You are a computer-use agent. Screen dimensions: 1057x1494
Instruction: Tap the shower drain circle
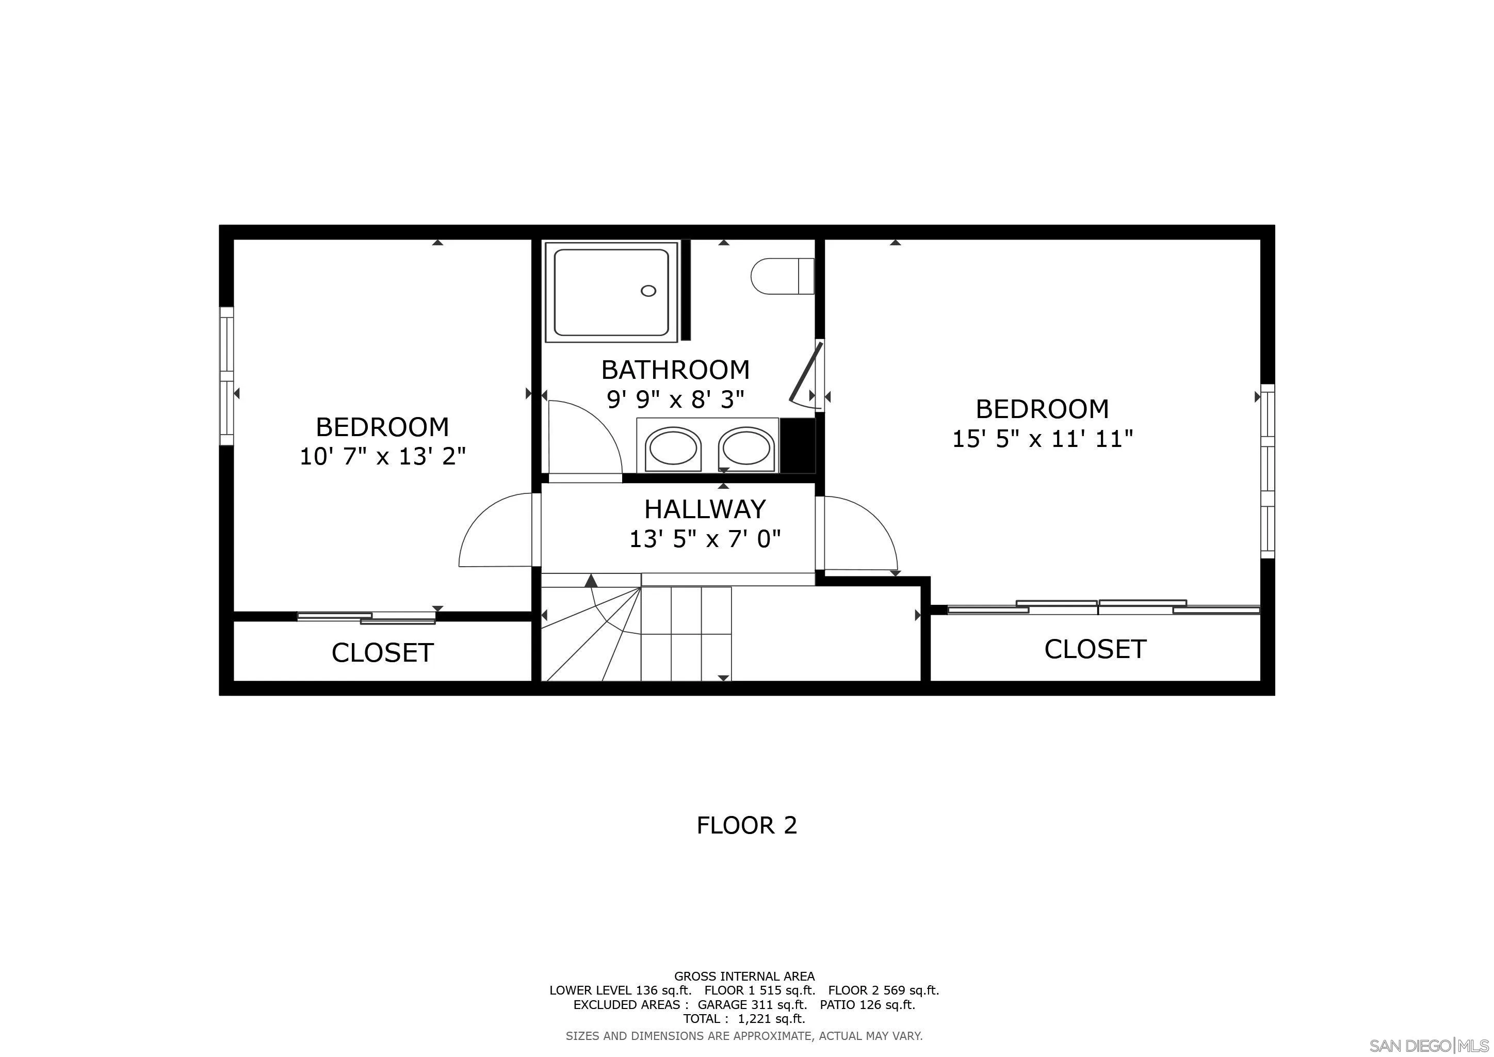click(648, 291)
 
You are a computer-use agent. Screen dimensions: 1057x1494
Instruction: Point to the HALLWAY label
click(705, 509)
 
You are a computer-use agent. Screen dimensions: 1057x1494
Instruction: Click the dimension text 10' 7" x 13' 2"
click(383, 456)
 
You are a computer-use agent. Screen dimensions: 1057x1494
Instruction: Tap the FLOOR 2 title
click(746, 825)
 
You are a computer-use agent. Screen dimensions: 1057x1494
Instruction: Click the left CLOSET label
click(383, 653)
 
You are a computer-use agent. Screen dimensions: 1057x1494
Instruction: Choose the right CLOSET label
click(1095, 649)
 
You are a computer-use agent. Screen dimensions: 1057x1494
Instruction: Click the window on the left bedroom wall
click(226, 376)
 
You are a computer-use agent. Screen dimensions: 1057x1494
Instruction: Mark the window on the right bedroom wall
click(1268, 471)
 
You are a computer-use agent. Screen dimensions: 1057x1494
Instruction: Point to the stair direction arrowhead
click(591, 581)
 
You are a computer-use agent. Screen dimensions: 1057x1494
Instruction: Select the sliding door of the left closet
click(366, 618)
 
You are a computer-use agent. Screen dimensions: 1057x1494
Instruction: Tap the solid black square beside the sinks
click(797, 445)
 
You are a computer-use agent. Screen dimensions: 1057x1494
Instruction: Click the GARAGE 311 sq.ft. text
click(752, 1004)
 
